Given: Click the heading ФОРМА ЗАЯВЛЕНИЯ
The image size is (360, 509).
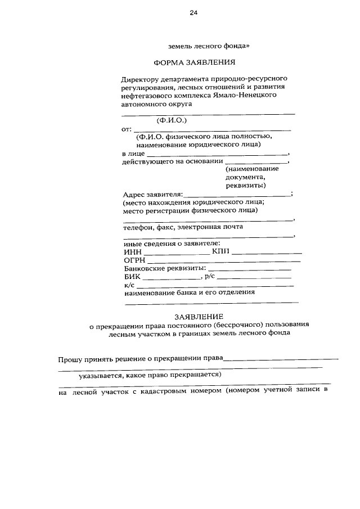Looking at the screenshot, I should coord(194,62).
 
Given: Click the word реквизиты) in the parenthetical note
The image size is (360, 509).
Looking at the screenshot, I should coord(246,185).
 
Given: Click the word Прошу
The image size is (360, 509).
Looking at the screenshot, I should coord(71,359).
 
